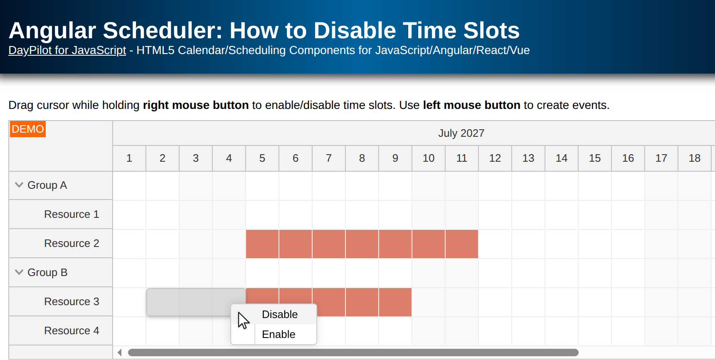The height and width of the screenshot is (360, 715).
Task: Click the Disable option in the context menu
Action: click(x=279, y=314)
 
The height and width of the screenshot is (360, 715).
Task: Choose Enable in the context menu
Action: click(x=279, y=334)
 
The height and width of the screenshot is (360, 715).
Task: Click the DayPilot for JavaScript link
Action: click(x=67, y=50)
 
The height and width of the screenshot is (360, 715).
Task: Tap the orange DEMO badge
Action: click(x=28, y=129)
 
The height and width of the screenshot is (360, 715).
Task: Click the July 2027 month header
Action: click(x=461, y=133)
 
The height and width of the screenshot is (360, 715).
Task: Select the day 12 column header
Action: click(x=495, y=158)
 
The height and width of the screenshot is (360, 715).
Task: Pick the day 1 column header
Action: click(x=129, y=158)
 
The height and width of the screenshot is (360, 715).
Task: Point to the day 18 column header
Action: click(x=695, y=158)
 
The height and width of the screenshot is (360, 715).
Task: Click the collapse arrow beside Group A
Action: click(x=19, y=185)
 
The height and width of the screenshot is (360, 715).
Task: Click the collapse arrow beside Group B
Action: click(x=19, y=272)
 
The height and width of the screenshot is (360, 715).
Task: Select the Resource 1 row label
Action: click(x=71, y=214)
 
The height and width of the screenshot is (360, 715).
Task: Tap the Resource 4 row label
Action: click(x=71, y=330)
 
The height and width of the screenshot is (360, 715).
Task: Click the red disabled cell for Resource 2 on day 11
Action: click(x=462, y=244)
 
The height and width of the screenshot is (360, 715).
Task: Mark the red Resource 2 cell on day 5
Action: click(x=262, y=244)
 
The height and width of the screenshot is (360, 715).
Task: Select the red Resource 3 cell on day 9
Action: click(x=395, y=302)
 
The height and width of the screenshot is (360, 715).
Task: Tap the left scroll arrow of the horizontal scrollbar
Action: click(x=120, y=353)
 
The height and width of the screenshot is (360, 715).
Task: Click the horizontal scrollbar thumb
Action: click(x=353, y=353)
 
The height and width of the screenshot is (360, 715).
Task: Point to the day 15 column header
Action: click(x=595, y=158)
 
